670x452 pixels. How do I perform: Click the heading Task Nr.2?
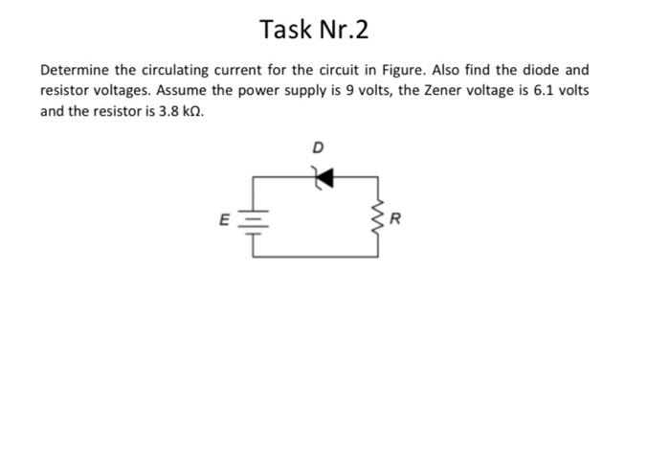point(314,31)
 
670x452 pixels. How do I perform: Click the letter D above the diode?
point(319,147)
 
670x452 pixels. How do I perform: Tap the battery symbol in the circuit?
point(254,219)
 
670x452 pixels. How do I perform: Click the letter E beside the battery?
point(224,219)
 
